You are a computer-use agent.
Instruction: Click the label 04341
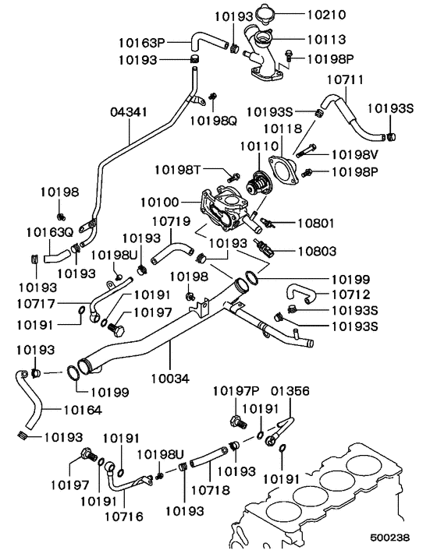click(x=129, y=112)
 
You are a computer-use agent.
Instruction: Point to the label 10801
click(x=317, y=223)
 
